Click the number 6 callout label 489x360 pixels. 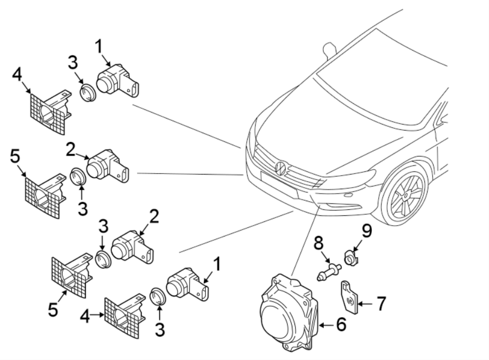pyautogui.click(x=341, y=325)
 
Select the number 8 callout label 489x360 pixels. pyautogui.click(x=318, y=241)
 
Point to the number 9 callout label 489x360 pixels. pyautogui.click(x=368, y=233)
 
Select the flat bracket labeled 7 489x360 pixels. pyautogui.click(x=349, y=296)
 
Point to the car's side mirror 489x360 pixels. pyautogui.click(x=328, y=49)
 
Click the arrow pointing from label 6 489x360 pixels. pyautogui.click(x=325, y=325)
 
